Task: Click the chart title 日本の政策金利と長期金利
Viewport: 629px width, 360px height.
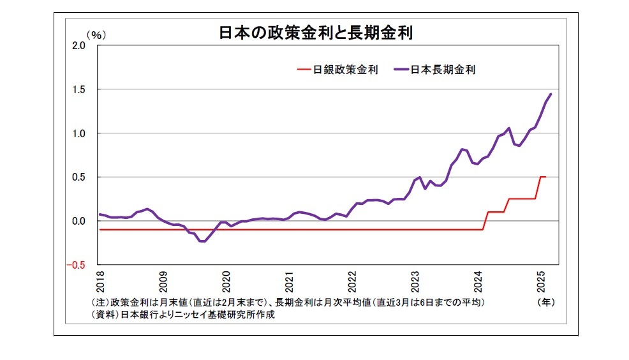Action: (316, 33)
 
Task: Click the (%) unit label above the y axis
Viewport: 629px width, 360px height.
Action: (96, 35)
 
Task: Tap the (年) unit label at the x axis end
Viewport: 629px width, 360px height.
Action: (547, 301)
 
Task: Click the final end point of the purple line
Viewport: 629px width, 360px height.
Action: (551, 94)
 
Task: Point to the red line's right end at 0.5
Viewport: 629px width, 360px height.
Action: (545, 177)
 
